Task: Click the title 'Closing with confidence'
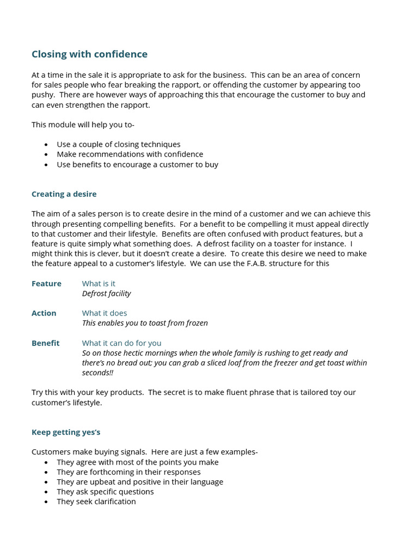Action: click(89, 54)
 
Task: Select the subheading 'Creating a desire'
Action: click(64, 194)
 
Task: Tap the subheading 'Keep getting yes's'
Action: click(66, 432)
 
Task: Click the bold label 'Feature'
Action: click(46, 283)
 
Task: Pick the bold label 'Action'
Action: click(44, 313)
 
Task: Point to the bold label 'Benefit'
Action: click(46, 343)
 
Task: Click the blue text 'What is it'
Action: click(99, 283)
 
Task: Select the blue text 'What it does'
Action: click(104, 313)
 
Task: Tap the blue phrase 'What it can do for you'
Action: click(121, 343)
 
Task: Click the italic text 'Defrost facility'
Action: click(106, 294)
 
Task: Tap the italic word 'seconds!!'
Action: click(97, 373)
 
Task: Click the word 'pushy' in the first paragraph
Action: click(42, 95)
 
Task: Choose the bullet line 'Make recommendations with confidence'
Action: click(130, 154)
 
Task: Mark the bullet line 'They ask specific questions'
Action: click(105, 492)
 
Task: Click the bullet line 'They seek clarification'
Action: click(96, 502)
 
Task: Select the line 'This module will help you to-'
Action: click(83, 125)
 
